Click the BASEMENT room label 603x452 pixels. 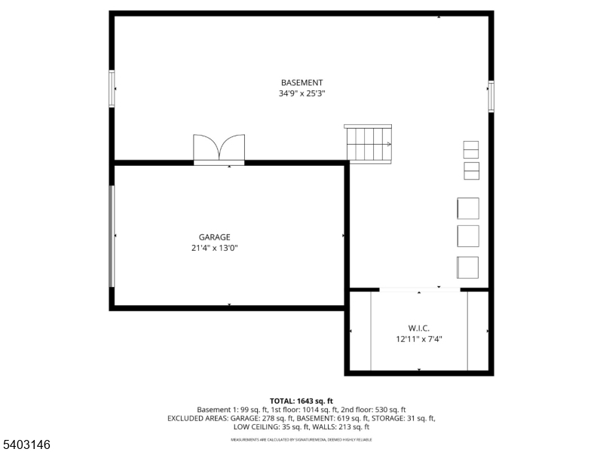pyautogui.click(x=301, y=83)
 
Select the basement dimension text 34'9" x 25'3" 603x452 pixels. pyautogui.click(x=301, y=94)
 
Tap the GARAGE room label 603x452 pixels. pyautogui.click(x=214, y=237)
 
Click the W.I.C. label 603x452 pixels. pyautogui.click(x=419, y=328)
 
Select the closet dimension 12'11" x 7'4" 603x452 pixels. pyautogui.click(x=419, y=339)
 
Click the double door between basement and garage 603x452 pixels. pyautogui.click(x=219, y=148)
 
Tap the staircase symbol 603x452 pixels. pyautogui.click(x=369, y=142)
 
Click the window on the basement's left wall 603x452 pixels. pyautogui.click(x=112, y=88)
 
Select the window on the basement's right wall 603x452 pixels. pyautogui.click(x=491, y=96)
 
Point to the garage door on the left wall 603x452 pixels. pyautogui.click(x=112, y=236)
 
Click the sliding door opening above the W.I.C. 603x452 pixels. pyautogui.click(x=419, y=289)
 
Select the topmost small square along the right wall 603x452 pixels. pyautogui.click(x=470, y=148)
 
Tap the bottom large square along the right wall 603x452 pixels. pyautogui.click(x=468, y=267)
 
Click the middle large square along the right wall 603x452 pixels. pyautogui.click(x=468, y=236)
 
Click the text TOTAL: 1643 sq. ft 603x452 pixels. pyautogui.click(x=301, y=400)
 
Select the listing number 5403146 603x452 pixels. pyautogui.click(x=27, y=445)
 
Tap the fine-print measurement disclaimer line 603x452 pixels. pyautogui.click(x=301, y=439)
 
